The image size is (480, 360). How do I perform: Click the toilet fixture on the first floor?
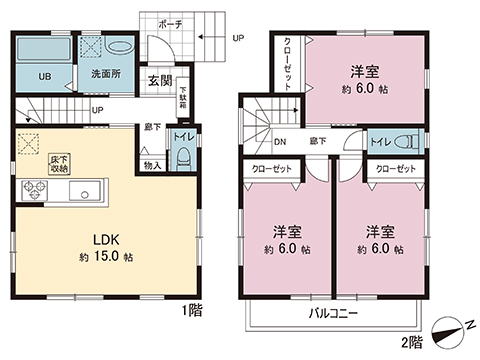(x=182, y=156)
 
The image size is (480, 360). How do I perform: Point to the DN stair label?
(x=280, y=143)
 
